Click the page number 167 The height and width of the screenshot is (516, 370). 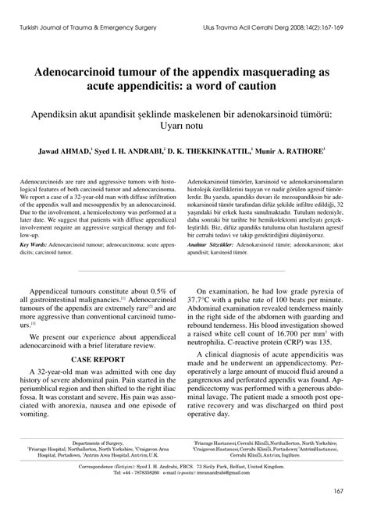pyautogui.click(x=339, y=490)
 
